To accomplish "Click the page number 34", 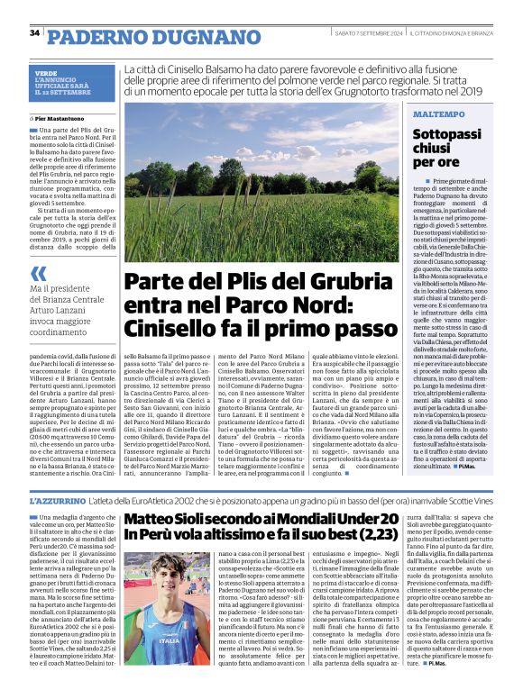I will pos(35,33).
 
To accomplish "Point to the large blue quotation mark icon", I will pos(38,273).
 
